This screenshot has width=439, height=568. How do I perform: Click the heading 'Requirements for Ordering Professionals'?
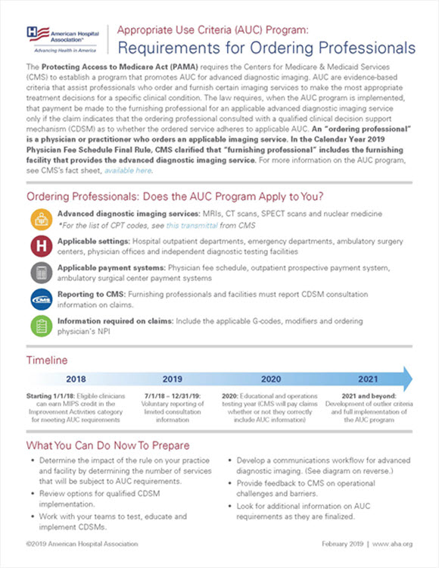click(x=265, y=48)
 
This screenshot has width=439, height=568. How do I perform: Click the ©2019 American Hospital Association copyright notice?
click(x=82, y=544)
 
